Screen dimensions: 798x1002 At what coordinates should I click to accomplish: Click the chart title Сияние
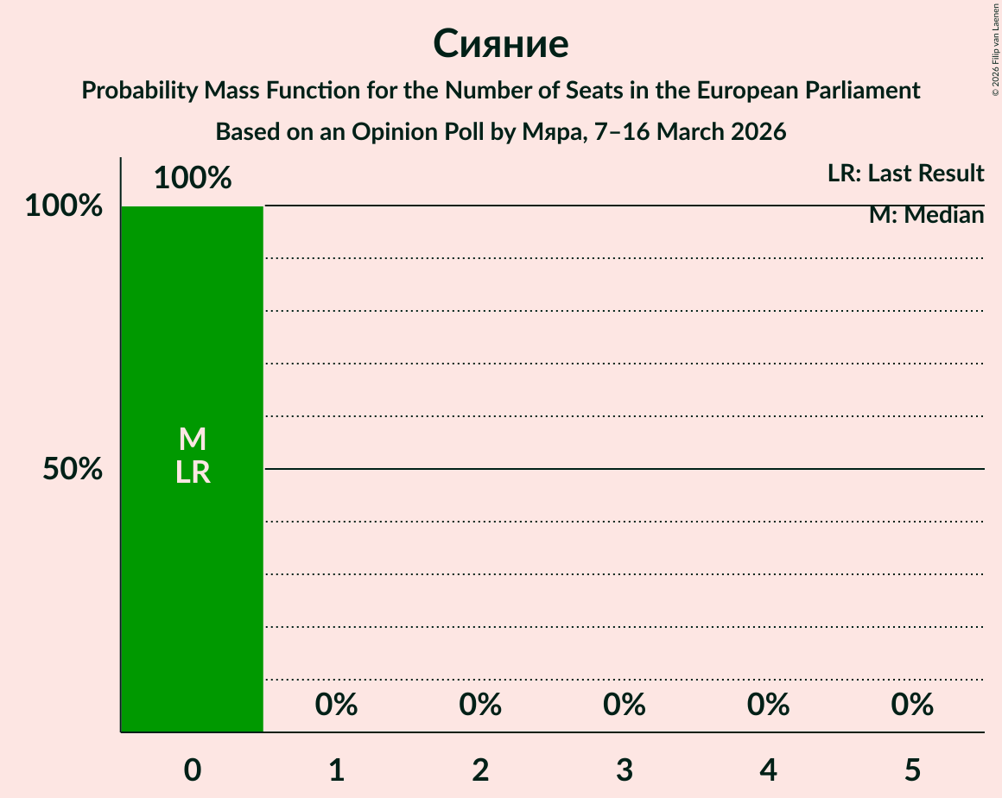point(500,43)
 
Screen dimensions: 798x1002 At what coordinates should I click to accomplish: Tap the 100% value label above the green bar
point(192,178)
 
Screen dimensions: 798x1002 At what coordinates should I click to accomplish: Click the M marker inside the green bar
point(192,440)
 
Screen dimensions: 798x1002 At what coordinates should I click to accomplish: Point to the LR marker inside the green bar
point(192,472)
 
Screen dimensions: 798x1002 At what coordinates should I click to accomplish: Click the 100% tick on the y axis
point(63,206)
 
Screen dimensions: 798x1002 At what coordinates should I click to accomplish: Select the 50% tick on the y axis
point(73,469)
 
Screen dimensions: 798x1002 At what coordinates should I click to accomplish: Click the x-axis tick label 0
point(192,769)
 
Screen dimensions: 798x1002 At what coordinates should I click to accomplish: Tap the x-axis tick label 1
point(336,769)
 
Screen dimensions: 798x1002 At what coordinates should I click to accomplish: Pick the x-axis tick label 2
point(480,769)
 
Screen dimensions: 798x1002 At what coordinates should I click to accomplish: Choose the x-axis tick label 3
point(625,769)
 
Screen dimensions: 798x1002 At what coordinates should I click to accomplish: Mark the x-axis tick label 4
point(768,769)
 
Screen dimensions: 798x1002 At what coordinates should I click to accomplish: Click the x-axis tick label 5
point(912,769)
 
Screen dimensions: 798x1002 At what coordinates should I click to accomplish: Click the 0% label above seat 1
point(336,706)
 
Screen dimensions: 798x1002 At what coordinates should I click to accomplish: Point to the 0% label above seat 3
point(625,706)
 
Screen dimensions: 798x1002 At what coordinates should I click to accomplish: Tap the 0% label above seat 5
point(912,706)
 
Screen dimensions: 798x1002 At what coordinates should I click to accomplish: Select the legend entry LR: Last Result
point(905,174)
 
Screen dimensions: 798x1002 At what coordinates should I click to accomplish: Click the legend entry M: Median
point(926,215)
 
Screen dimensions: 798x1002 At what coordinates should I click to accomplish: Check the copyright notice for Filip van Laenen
point(994,49)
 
